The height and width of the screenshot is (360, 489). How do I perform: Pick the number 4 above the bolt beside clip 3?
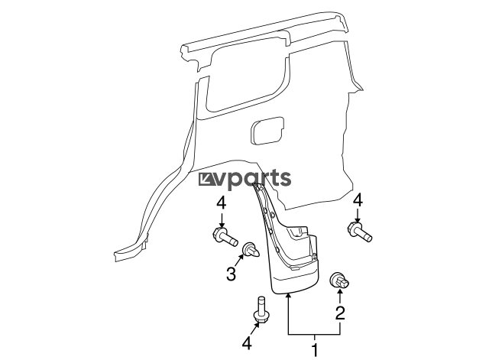[x=221, y=203]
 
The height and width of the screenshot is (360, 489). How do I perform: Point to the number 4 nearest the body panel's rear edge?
[x=358, y=199]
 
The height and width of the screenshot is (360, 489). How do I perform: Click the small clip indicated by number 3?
[x=250, y=249]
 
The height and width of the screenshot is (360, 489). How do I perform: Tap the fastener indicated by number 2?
[x=338, y=281]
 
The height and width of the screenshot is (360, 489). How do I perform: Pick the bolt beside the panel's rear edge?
[x=359, y=231]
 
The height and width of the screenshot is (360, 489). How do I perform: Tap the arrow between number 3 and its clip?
[x=241, y=261]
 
